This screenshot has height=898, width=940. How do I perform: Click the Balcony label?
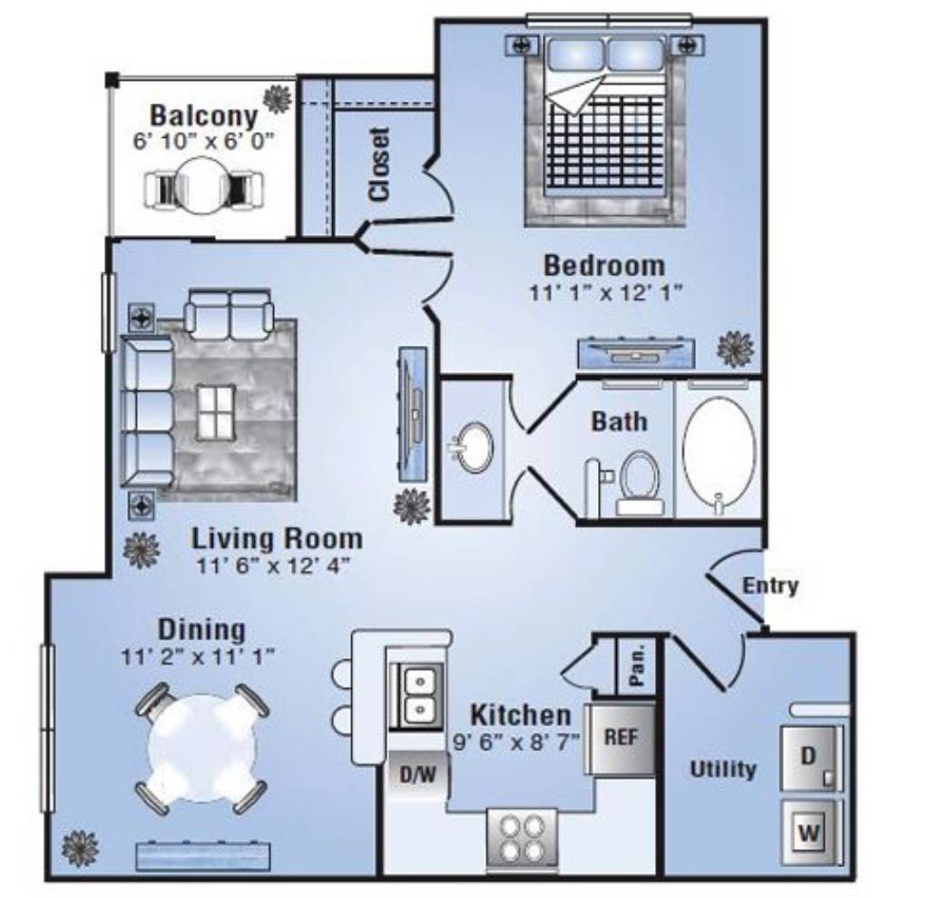[x=203, y=115]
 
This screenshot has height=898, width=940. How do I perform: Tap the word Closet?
[x=380, y=163]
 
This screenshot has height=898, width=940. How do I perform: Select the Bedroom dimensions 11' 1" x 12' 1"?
[x=605, y=292]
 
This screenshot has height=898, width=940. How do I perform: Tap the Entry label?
[x=770, y=585]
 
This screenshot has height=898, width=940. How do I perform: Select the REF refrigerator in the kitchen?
[x=621, y=738]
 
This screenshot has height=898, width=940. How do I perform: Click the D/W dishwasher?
[x=418, y=775]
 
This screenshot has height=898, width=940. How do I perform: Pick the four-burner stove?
[x=523, y=841]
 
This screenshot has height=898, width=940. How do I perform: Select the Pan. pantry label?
[x=637, y=665]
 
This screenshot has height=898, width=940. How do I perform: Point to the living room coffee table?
[x=216, y=412]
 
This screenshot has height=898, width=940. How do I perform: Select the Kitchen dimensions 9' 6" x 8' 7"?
[x=516, y=743]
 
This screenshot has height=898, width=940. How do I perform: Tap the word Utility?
[x=723, y=769]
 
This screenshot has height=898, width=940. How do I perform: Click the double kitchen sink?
[x=418, y=696]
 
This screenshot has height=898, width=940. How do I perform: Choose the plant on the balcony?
[x=278, y=99]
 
